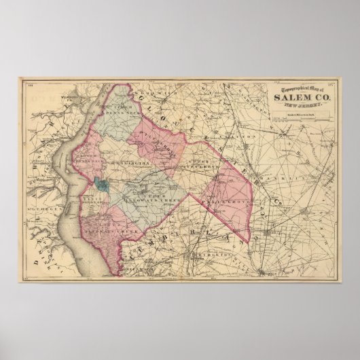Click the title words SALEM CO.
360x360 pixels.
click(x=297, y=96)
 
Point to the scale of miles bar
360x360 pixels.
click(x=299, y=115)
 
